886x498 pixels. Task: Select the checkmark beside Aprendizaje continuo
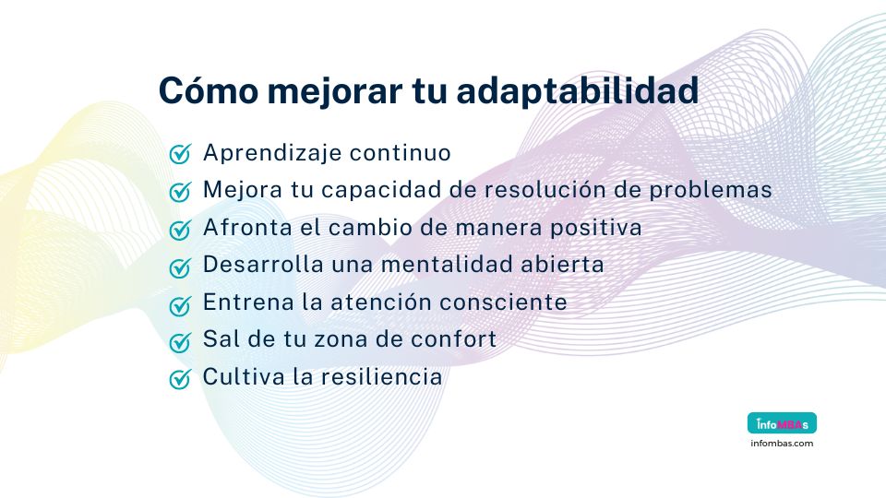pos(180,154)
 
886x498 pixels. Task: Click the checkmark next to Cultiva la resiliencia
pos(180,379)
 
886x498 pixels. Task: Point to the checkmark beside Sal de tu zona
pos(180,342)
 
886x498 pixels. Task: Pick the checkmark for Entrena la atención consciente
pos(180,304)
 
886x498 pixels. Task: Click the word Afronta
pos(242,227)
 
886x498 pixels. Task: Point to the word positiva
pos(596,227)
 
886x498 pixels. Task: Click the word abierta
pos(566,265)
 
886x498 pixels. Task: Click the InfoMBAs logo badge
pos(781,424)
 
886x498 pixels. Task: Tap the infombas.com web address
pos(781,444)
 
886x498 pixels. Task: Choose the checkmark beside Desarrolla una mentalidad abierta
pos(180,267)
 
